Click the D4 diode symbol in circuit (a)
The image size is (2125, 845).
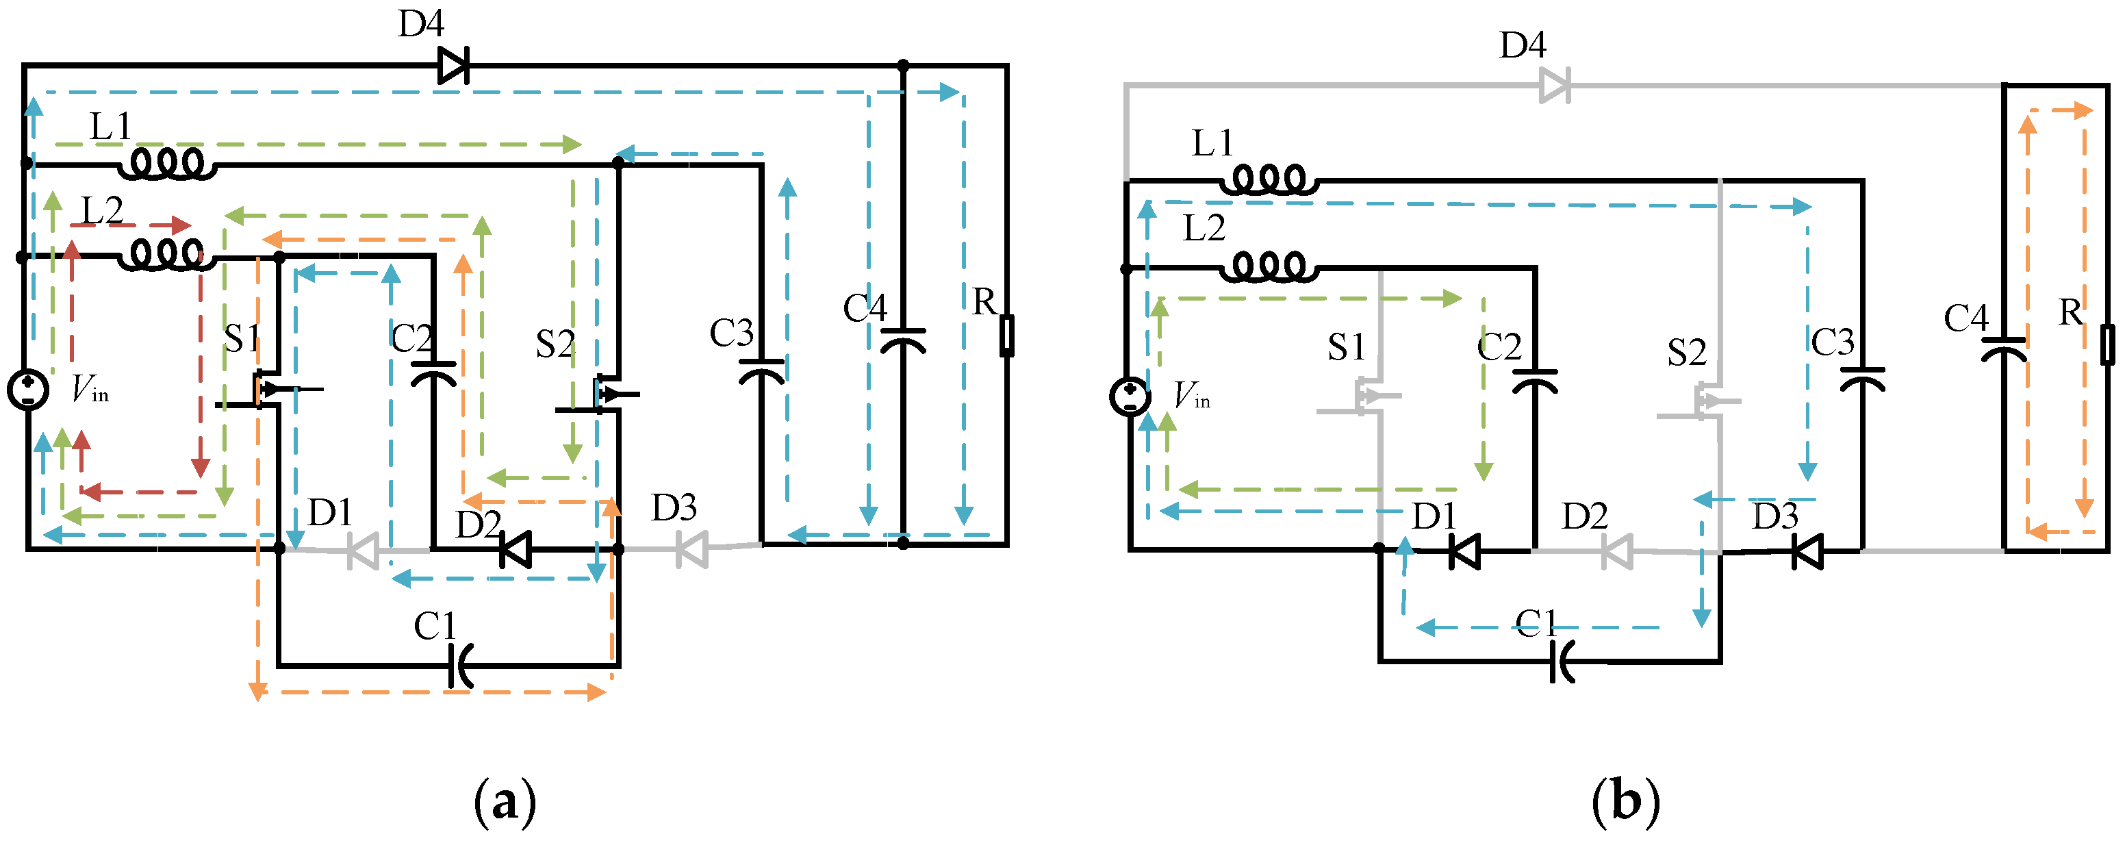[453, 65]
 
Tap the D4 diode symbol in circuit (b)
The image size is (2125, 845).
[1555, 85]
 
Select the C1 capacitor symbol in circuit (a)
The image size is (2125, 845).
[460, 665]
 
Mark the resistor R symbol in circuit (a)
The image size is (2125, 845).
[1006, 335]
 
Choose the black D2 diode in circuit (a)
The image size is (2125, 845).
[516, 548]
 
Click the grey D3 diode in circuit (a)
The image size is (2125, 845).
[691, 548]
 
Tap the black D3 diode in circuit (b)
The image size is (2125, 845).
[1807, 551]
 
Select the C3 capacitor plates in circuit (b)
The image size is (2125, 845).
[1862, 378]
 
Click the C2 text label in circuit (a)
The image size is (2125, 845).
[411, 338]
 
